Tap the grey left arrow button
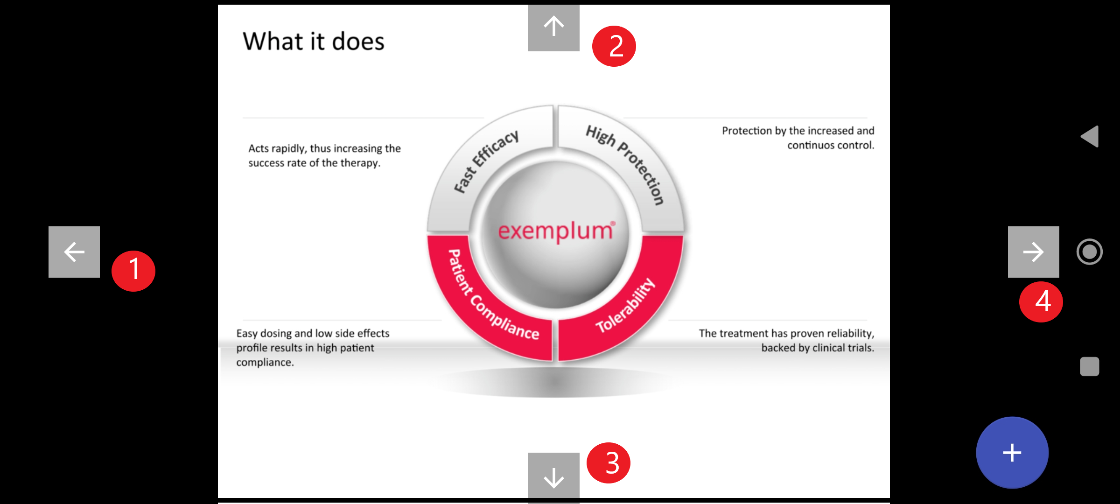click(x=74, y=252)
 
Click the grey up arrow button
click(x=554, y=27)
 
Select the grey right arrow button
click(x=1033, y=252)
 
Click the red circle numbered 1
click(x=133, y=271)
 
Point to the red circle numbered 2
click(x=614, y=46)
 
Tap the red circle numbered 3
click(x=609, y=463)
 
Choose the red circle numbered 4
click(x=1041, y=301)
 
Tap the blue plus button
click(x=1012, y=453)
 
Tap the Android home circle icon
click(x=1090, y=252)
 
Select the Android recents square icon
click(x=1090, y=366)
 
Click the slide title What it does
click(x=314, y=42)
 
